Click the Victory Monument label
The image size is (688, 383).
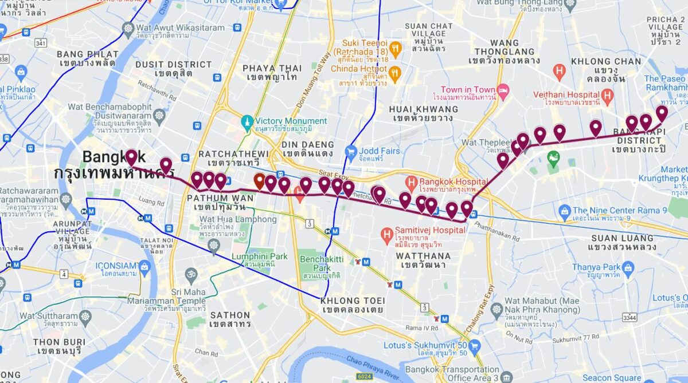(291, 121)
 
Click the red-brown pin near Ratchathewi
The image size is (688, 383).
(259, 181)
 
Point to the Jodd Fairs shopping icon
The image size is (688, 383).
(351, 152)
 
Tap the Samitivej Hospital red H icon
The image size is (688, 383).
(386, 234)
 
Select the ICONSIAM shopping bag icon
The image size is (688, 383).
(144, 266)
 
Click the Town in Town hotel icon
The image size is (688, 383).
(503, 90)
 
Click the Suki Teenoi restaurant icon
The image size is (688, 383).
(395, 48)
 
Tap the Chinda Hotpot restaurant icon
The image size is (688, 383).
(395, 73)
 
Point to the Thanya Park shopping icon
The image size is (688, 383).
(628, 267)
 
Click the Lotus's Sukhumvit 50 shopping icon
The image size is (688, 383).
(474, 346)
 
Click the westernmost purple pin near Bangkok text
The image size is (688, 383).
(131, 157)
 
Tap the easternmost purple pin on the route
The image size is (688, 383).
(662, 113)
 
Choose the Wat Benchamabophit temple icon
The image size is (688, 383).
(159, 116)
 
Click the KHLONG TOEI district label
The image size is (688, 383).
(349, 301)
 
